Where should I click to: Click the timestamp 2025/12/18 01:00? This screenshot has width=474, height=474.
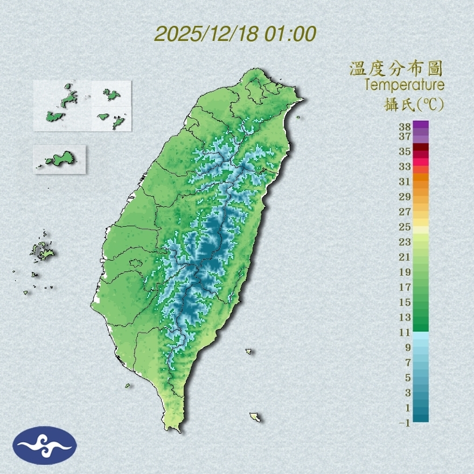235,34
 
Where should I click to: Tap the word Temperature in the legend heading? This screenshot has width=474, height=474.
404,85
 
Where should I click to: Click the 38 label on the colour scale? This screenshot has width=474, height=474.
405,127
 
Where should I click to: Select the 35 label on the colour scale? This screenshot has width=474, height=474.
405,151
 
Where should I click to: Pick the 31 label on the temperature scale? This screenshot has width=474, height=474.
405,182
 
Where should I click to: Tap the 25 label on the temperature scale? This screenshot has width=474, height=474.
405,227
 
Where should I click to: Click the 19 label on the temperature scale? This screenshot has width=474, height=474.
405,272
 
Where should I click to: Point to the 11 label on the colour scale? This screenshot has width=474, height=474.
405,332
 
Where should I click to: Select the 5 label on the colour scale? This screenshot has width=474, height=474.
408,378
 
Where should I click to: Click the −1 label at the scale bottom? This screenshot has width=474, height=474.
405,423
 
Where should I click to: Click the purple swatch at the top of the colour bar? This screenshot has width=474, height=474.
421,124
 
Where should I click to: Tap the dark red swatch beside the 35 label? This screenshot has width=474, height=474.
421,147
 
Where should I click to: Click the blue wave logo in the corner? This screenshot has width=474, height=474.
45,445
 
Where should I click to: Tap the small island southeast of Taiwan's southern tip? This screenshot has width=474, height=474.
255,417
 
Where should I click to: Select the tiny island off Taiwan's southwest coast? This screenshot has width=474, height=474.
128,385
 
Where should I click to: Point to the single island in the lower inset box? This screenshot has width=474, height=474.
59,159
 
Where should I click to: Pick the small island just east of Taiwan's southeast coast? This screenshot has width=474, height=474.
248,351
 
